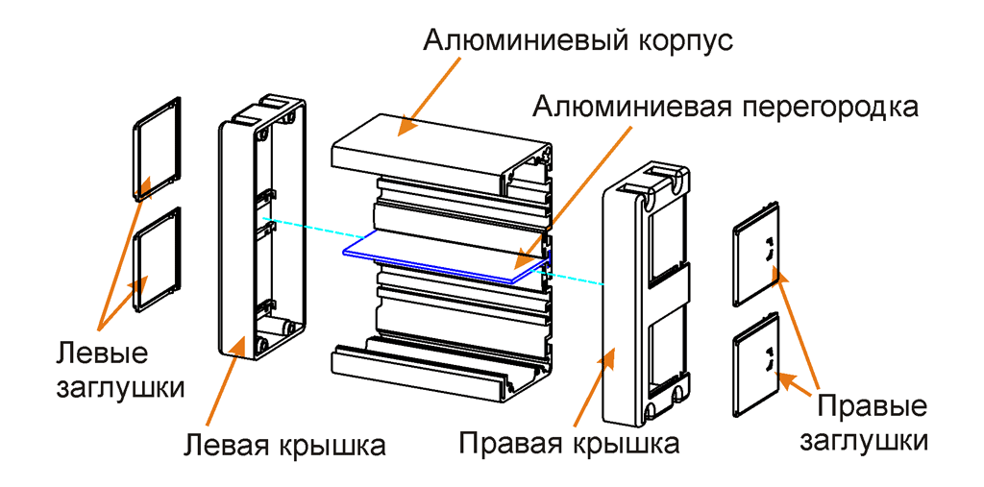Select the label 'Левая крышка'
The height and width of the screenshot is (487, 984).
284,446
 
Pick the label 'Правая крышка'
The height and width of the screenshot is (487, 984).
569,444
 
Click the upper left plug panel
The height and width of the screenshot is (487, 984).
156,148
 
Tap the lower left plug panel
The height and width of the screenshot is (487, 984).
156,260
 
